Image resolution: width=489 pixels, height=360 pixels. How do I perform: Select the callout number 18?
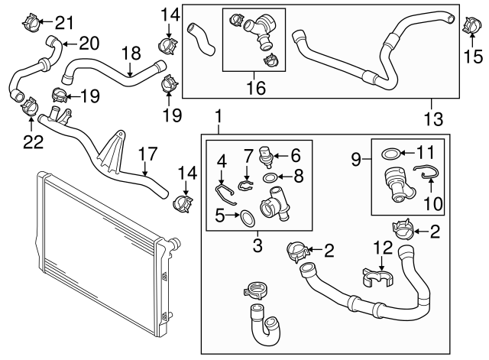(131, 53)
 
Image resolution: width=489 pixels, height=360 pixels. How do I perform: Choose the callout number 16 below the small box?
(255, 89)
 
